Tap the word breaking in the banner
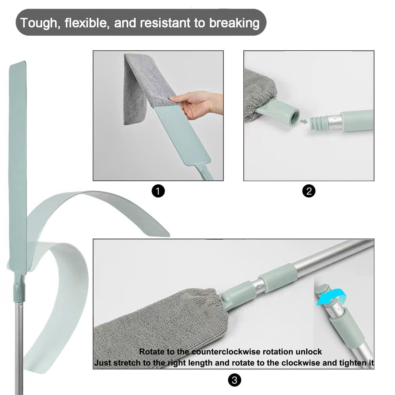pos(234,23)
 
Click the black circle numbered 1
pos(158,191)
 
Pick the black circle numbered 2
pos(309,191)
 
